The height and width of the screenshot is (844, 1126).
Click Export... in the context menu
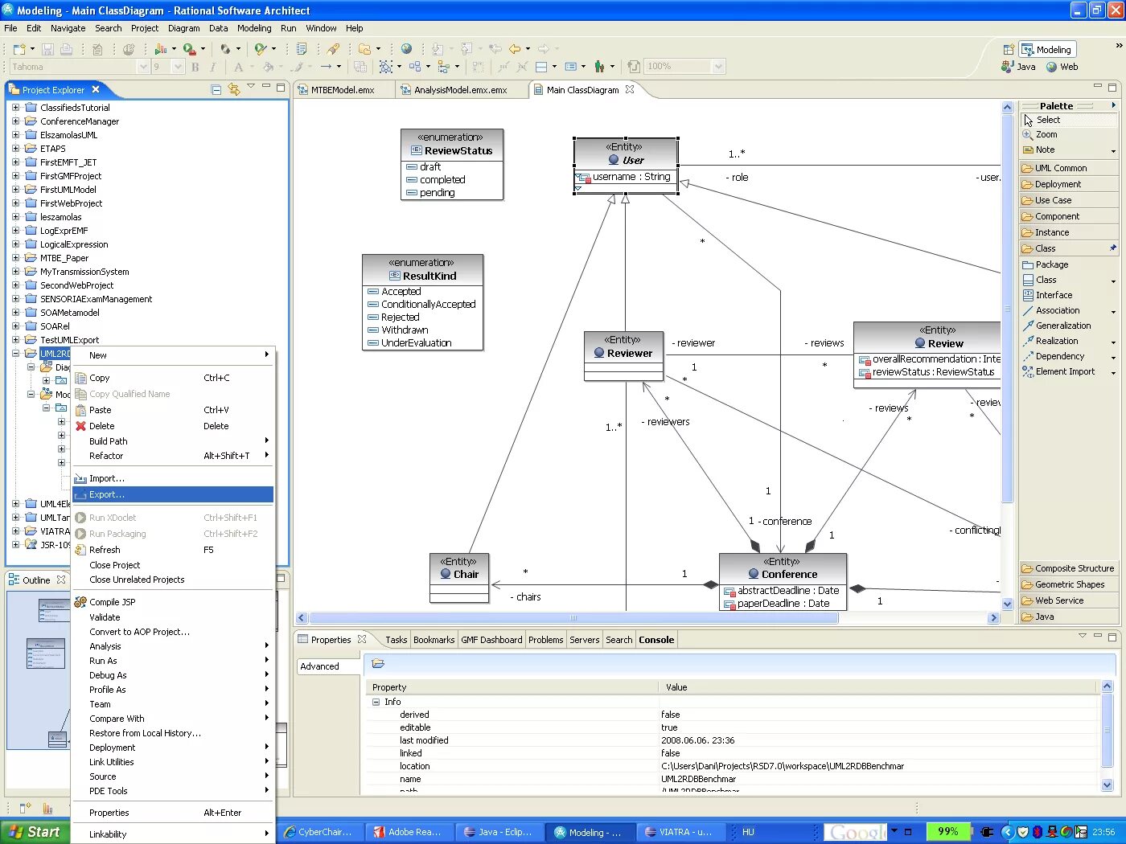point(107,494)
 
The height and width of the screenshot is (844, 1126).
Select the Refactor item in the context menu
point(106,456)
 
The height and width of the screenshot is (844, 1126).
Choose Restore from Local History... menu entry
point(145,733)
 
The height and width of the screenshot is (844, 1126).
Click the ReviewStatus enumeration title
point(458,150)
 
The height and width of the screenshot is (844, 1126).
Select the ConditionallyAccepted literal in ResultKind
point(428,305)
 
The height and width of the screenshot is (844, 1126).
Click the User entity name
point(633,160)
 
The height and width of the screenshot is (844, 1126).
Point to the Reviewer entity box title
point(630,353)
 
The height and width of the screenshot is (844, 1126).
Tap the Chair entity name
point(466,574)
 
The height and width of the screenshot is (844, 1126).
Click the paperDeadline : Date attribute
point(783,604)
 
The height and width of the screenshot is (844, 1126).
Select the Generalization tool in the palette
point(1063,326)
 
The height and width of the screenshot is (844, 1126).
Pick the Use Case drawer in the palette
point(1053,200)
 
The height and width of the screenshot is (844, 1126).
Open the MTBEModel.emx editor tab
point(343,90)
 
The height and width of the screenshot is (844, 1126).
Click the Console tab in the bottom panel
point(656,640)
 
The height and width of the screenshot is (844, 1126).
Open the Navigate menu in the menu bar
point(68,28)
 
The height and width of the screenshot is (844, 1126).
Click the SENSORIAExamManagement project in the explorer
point(96,299)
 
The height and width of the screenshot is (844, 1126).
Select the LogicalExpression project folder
point(74,244)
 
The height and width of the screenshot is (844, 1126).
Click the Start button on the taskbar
point(34,832)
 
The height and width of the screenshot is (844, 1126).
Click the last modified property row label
point(424,740)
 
